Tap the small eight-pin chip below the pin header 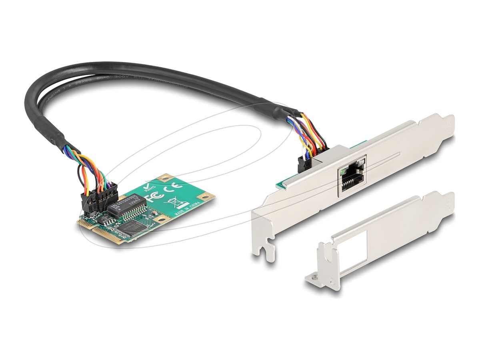coord(104,218)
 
